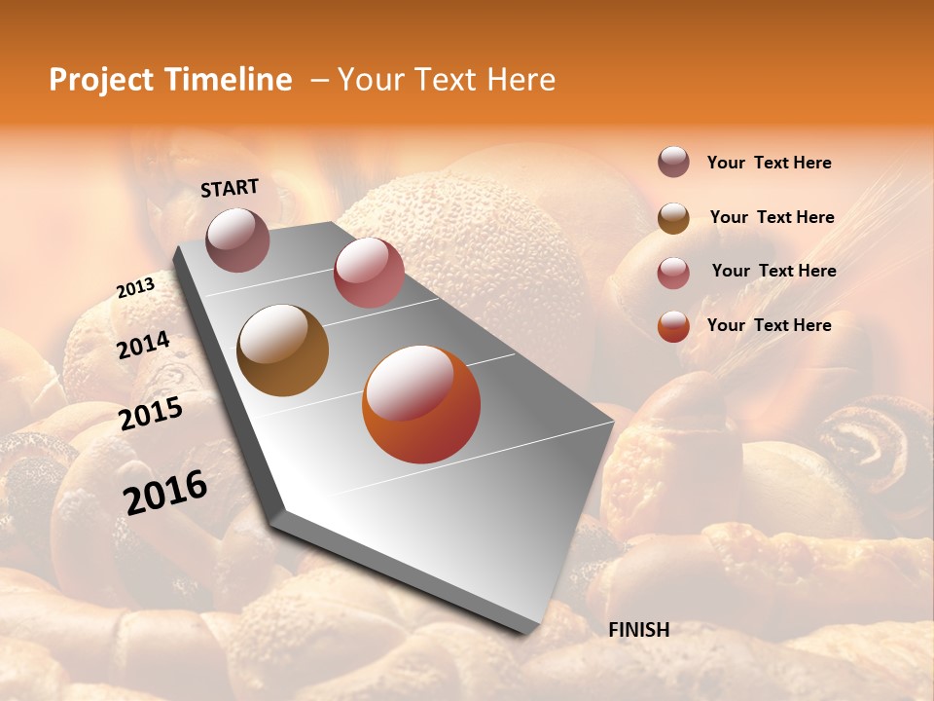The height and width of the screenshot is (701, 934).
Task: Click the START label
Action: [230, 188]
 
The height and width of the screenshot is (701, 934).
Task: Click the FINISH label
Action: [639, 630]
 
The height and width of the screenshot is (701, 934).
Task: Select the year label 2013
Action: [135, 288]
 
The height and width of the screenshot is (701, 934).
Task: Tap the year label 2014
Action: [144, 346]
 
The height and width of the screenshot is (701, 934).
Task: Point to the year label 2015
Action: [151, 414]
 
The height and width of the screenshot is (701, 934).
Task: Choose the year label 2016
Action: [166, 492]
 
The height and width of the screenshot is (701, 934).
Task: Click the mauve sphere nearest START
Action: [237, 240]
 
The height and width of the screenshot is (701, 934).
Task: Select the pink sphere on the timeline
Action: [369, 273]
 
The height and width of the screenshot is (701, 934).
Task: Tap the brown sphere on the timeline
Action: [283, 350]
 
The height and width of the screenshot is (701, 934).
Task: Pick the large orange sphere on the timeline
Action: [421, 404]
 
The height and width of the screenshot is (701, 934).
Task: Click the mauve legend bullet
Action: [673, 162]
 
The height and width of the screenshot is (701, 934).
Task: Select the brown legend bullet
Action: [673, 218]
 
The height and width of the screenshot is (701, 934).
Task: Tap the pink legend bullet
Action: [673, 273]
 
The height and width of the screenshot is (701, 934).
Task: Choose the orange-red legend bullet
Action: [673, 326]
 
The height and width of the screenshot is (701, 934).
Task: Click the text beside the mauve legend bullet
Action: [769, 163]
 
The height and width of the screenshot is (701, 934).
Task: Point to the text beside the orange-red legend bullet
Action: [769, 325]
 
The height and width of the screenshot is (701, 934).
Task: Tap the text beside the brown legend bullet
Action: [772, 217]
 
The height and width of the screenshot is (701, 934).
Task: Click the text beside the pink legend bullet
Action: [773, 271]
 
